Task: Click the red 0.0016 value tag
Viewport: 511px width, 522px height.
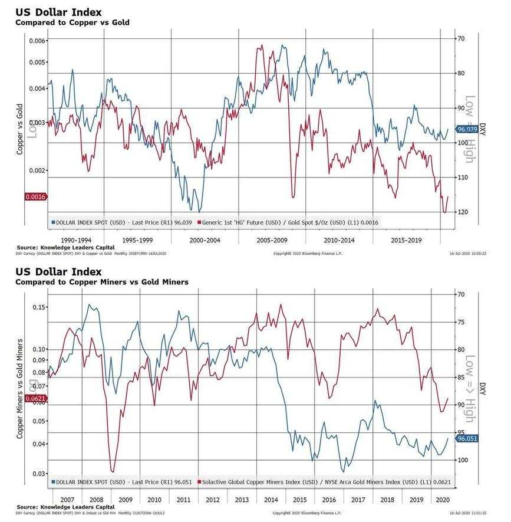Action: pos(35,196)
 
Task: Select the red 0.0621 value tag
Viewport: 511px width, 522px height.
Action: pos(35,399)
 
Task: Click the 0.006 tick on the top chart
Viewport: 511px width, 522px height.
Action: pos(38,41)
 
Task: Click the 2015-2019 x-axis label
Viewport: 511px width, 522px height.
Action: pos(407,241)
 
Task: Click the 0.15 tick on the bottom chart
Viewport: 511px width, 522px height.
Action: pos(38,307)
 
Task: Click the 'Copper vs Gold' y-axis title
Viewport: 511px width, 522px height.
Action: pos(19,129)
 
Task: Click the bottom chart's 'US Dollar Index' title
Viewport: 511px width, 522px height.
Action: pos(59,272)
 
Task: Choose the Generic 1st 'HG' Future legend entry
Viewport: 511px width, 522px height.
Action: pos(289,223)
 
